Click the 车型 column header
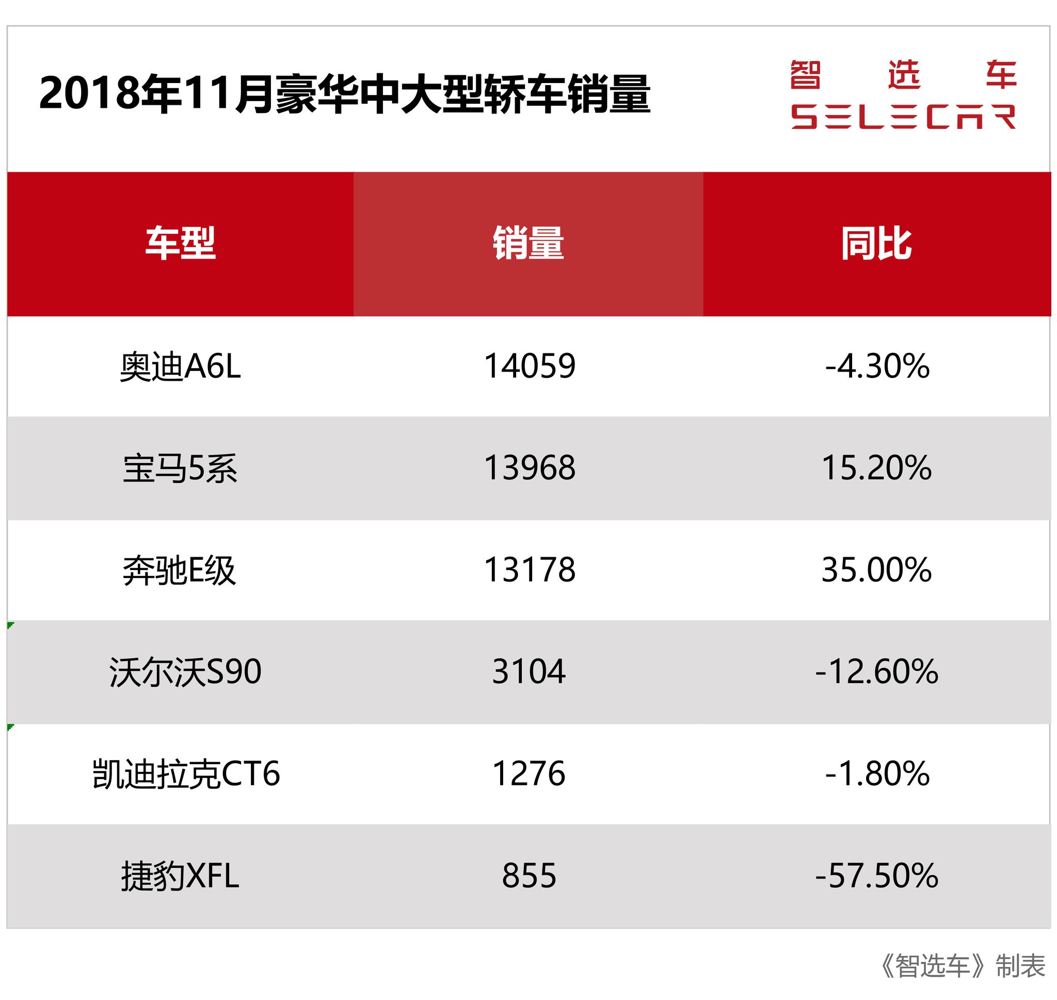point(180,244)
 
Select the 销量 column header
point(528,244)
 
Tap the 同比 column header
point(876,244)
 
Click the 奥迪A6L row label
point(180,367)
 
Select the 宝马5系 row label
point(180,468)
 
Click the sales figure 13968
point(530,468)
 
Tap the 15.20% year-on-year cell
point(876,468)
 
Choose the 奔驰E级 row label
point(179,570)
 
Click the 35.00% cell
point(876,570)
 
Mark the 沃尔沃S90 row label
point(185,672)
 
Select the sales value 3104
point(528,672)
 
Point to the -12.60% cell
point(876,672)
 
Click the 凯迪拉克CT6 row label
point(186,773)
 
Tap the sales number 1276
point(528,773)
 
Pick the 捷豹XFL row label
point(180,876)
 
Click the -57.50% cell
point(876,876)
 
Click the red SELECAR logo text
point(903,117)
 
